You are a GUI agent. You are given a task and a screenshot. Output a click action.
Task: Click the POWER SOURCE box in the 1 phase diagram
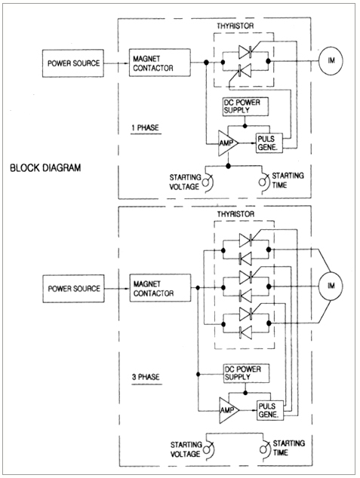pos(73,63)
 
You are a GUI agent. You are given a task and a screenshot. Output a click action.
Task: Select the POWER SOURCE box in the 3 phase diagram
pos(73,289)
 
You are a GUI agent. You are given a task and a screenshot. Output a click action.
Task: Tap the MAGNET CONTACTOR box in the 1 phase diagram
pos(160,63)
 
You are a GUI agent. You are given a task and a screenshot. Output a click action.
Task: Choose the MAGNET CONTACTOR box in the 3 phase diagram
pos(161,288)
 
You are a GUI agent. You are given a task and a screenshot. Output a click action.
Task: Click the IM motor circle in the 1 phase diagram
pos(331,60)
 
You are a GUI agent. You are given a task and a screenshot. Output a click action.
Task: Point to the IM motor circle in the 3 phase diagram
pos(331,286)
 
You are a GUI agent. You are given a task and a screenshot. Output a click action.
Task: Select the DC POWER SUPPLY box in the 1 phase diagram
pos(245,106)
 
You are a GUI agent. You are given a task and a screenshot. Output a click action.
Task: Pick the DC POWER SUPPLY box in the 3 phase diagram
pos(247,373)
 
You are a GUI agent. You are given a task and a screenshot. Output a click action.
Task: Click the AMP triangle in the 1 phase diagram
pos(228,143)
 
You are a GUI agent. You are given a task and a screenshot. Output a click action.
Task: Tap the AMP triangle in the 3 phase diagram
pos(229,410)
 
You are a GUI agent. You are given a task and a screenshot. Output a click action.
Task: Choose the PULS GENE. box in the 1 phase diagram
pos(269,143)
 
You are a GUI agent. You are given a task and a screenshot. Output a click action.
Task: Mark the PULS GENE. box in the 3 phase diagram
pos(270,410)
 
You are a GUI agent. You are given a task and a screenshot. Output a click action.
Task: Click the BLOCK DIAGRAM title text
pos(45,168)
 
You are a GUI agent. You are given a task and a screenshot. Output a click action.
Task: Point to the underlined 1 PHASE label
pos(146,128)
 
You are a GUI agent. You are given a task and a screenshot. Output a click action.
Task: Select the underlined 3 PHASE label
pos(146,378)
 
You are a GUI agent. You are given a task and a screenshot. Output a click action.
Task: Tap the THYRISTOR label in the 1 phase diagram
pos(235,26)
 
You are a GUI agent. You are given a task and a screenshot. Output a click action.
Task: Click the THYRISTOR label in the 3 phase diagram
pos(235,214)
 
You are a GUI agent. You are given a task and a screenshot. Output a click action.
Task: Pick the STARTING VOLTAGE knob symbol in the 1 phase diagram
pos(208,182)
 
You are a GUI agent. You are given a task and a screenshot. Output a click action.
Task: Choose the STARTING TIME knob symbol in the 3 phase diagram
pos(264,449)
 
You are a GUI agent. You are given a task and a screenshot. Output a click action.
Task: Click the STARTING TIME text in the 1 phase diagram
pos(288,180)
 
